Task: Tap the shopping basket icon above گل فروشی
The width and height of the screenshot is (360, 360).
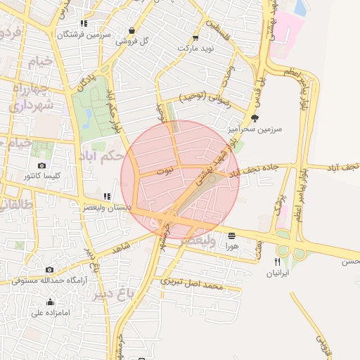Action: coord(132,30)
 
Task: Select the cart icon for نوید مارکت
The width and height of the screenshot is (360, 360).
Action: coord(195,38)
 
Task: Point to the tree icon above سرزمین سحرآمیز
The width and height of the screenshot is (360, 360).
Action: coord(254,118)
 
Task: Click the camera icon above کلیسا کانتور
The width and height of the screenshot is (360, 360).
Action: coord(41,165)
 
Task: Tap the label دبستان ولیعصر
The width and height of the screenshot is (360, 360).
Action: coord(104,207)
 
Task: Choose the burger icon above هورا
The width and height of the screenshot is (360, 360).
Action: coord(231,235)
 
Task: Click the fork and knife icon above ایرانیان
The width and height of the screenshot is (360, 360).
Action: coord(278,262)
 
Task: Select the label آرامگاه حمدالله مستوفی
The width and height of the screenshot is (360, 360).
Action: coord(49,279)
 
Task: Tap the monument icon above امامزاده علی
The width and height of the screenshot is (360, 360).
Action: coord(50,303)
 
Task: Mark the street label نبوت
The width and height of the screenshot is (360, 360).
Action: coord(163,171)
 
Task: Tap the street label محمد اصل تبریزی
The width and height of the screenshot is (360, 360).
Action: coord(192,282)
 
